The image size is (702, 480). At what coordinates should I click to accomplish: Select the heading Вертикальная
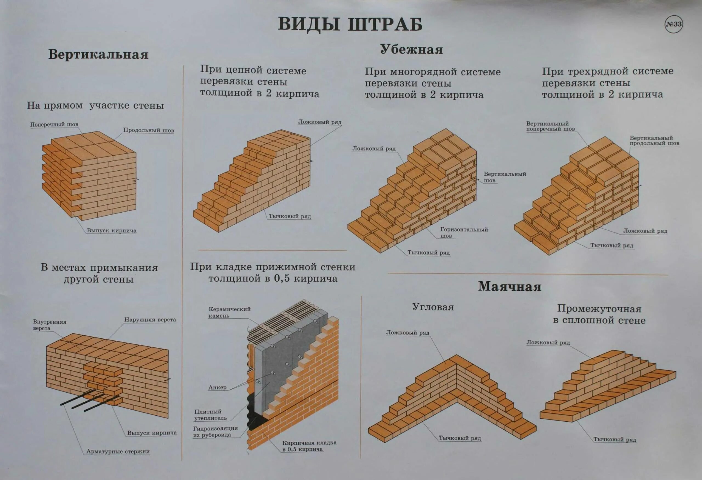pyautogui.click(x=98, y=55)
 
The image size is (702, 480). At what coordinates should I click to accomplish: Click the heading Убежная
pyautogui.click(x=411, y=50)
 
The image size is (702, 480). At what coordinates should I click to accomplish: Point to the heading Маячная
pyautogui.click(x=509, y=286)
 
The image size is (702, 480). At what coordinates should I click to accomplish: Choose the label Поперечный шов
pyautogui.click(x=54, y=124)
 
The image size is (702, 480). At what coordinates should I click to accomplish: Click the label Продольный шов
pyautogui.click(x=149, y=130)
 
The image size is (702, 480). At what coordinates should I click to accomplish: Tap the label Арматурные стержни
pyautogui.click(x=118, y=451)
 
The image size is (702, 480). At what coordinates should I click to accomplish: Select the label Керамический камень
pyautogui.click(x=229, y=312)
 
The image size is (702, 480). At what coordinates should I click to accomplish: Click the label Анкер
pyautogui.click(x=217, y=388)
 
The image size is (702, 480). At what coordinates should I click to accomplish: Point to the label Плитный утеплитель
pyautogui.click(x=210, y=415)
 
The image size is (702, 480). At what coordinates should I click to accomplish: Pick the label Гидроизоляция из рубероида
pyautogui.click(x=215, y=432)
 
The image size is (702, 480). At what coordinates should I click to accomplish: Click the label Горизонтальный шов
pyautogui.click(x=464, y=232)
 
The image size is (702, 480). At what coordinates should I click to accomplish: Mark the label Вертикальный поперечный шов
pyautogui.click(x=550, y=126)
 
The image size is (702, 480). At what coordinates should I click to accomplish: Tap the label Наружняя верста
pyautogui.click(x=150, y=320)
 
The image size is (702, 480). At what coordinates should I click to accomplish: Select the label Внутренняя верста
pyautogui.click(x=50, y=325)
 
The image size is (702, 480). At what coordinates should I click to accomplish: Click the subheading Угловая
pyautogui.click(x=433, y=307)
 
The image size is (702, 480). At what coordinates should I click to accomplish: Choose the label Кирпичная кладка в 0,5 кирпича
pyautogui.click(x=309, y=446)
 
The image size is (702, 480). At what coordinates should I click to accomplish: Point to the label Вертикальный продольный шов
pyautogui.click(x=654, y=140)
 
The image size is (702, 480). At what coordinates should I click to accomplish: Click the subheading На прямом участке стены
pyautogui.click(x=95, y=106)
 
